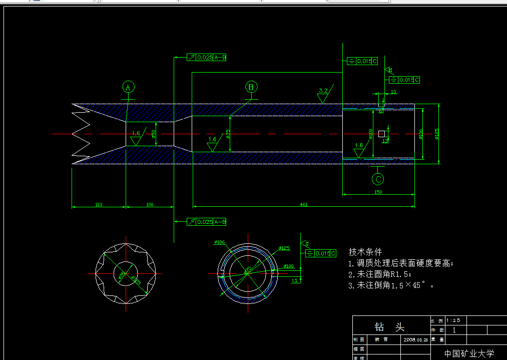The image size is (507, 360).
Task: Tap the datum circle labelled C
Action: pos(378,179)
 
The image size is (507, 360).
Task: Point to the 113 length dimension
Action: pos(99,204)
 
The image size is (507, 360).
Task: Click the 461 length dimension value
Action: pos(303,204)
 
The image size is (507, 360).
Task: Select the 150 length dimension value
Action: pos(378,192)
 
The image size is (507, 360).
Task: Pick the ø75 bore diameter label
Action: pos(228,134)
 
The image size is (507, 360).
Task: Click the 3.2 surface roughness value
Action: pos(323,91)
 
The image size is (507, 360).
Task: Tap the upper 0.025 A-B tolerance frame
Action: pos(207,58)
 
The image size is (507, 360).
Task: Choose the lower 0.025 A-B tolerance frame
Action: pos(207,221)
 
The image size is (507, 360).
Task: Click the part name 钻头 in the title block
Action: pos(389,327)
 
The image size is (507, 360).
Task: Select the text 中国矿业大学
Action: pos(469,353)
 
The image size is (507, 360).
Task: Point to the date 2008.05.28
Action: pos(415,339)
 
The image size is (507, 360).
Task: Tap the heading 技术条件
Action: pos(365,252)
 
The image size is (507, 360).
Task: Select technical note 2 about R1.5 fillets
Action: pos(380,274)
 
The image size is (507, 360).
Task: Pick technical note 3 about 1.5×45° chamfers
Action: pos(391,285)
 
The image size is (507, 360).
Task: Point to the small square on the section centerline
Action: pos(382,134)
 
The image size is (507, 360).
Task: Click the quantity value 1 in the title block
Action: pos(454,330)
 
